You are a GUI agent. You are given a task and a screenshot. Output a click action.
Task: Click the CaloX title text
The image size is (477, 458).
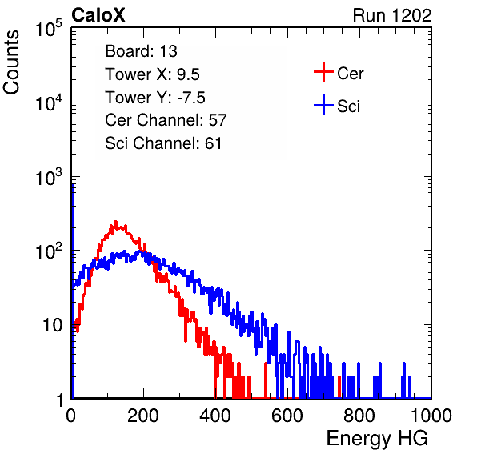[x=98, y=15]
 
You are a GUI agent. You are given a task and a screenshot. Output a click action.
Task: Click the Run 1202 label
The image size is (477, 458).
[x=392, y=15]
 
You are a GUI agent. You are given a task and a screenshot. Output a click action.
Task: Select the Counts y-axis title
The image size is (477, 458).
[x=11, y=62]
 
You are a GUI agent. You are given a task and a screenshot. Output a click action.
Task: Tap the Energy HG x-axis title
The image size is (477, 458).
[x=377, y=439]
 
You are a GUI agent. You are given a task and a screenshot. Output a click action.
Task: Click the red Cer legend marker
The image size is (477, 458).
[x=323, y=72]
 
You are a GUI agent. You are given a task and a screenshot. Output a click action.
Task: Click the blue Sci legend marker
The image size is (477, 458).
[x=323, y=105]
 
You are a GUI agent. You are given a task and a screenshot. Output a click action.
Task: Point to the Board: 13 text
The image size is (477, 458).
[x=141, y=51]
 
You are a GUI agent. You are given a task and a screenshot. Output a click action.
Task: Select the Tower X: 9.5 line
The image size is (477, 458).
[x=152, y=74]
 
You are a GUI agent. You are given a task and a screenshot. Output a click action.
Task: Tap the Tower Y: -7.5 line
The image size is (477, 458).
[x=155, y=98]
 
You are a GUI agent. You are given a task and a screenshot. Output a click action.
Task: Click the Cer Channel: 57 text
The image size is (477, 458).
[x=166, y=120]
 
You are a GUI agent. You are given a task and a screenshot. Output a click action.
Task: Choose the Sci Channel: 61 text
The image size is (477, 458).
[x=163, y=143]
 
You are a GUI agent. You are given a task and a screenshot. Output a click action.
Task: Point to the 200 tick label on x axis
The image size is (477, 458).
[x=143, y=416]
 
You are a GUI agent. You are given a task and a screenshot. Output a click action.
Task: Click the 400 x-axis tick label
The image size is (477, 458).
[x=215, y=416]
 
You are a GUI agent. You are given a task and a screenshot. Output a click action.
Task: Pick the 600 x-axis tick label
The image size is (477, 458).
[x=287, y=416]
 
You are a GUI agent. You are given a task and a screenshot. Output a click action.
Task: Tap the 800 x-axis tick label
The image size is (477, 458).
[x=359, y=416]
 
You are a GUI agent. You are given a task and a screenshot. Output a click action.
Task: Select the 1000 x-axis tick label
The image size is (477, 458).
[x=431, y=416]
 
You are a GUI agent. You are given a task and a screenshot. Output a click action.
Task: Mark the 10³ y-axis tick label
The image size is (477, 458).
[x=49, y=177]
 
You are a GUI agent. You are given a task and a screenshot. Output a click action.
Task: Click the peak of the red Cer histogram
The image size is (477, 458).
[x=115, y=222]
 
